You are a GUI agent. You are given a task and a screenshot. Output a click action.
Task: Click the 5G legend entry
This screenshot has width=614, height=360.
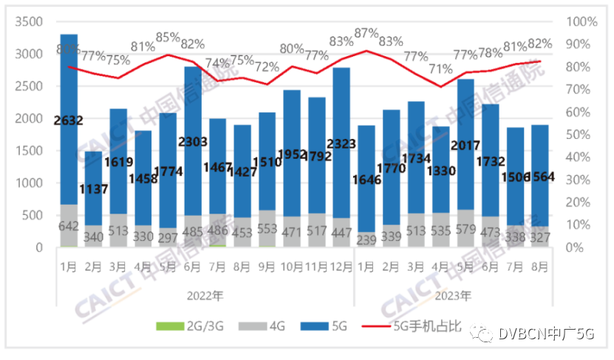(x=339, y=325)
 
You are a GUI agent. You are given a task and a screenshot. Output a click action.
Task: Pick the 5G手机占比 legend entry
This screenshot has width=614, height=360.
(x=428, y=325)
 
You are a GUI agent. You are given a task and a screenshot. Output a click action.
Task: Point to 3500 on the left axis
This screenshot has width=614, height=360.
(x=29, y=21)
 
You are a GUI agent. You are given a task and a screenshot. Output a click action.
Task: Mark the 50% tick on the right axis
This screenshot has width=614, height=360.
(x=580, y=135)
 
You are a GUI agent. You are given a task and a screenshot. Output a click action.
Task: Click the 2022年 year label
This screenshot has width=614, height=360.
(x=205, y=296)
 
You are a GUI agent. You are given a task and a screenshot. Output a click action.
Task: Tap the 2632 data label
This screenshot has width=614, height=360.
(x=69, y=120)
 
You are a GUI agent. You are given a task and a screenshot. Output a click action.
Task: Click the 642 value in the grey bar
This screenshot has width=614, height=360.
(x=69, y=227)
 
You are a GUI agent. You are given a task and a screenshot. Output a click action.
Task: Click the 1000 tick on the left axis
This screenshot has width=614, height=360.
(x=29, y=183)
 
